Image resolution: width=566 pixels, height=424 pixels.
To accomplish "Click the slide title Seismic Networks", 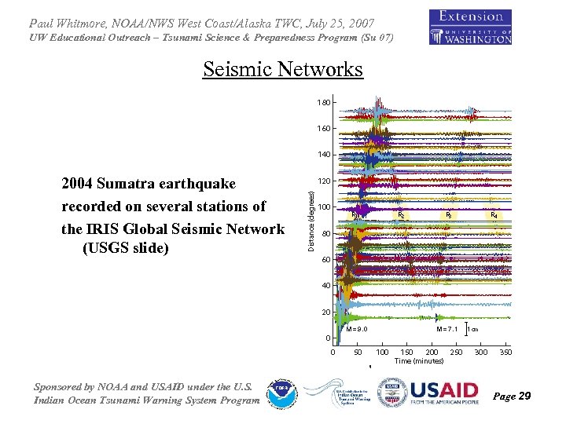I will [283, 70].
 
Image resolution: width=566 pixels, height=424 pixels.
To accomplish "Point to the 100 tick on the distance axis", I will [323, 207].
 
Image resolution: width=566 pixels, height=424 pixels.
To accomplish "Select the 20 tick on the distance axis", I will [325, 313].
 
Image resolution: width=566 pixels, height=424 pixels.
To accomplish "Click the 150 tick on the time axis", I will [407, 353].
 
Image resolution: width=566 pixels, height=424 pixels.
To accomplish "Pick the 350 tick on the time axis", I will [505, 353].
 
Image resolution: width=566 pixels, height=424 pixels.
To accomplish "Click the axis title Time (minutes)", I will [419, 361].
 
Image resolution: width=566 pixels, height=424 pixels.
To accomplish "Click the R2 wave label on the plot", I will [401, 215].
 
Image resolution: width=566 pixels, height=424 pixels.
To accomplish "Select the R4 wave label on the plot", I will [494, 215].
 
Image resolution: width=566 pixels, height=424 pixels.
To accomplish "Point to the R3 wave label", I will [448, 215].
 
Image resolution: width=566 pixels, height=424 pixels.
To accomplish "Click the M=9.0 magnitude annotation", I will [357, 329].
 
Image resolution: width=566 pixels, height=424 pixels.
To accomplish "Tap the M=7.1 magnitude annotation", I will [448, 329].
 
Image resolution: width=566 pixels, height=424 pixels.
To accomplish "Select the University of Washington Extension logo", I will [470, 27].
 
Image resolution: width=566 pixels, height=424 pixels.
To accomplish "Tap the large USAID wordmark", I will [443, 389].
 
